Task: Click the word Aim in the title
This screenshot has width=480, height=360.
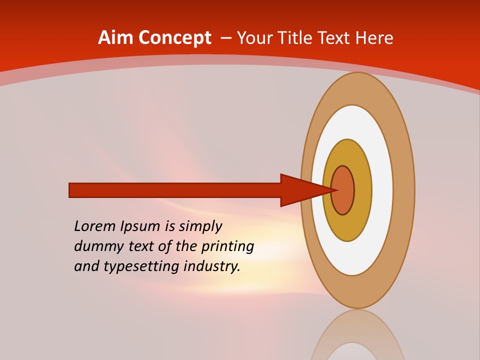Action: [116, 37]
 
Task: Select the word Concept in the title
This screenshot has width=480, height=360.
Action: [175, 37]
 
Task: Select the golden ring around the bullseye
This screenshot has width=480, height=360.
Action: [363, 190]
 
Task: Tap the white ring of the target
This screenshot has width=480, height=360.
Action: [382, 190]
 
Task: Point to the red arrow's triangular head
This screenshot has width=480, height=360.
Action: [300, 190]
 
